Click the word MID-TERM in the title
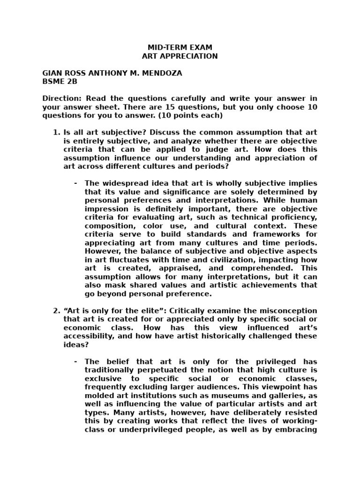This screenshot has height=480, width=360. point(164,47)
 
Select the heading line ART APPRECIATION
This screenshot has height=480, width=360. point(180,56)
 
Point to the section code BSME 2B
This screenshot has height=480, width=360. point(60,82)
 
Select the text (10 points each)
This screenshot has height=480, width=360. point(190,115)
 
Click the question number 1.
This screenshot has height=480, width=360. point(56,132)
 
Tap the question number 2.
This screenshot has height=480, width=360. point(56,311)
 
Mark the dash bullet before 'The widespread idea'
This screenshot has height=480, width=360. point(75,183)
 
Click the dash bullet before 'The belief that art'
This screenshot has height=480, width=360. point(75,361)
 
